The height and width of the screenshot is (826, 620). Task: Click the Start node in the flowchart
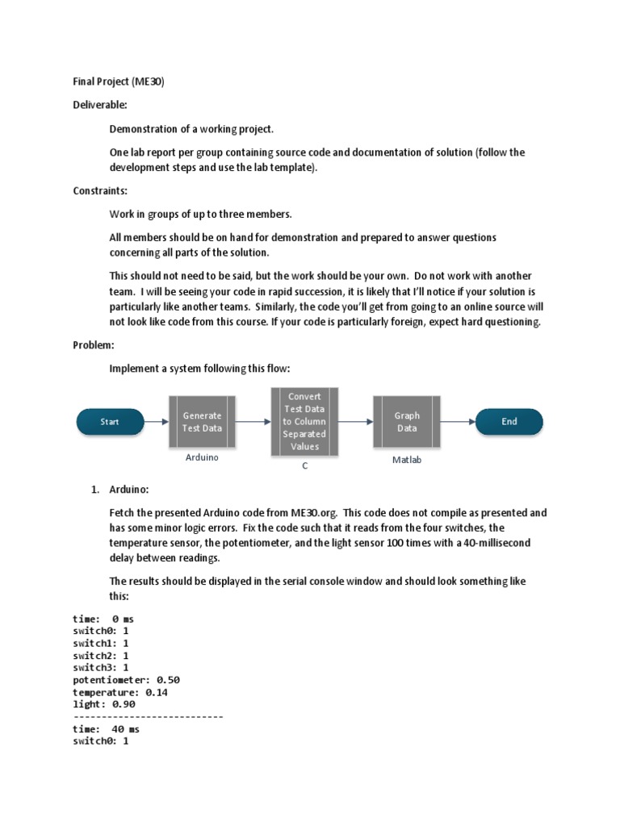(x=110, y=421)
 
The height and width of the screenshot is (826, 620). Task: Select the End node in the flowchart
(x=509, y=421)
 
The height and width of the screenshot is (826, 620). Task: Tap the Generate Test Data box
(x=202, y=421)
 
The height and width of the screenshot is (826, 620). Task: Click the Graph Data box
(x=407, y=421)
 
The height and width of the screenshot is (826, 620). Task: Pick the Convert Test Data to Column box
(x=304, y=421)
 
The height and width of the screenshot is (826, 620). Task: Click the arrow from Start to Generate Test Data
(x=156, y=421)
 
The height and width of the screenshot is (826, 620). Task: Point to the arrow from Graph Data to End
(x=459, y=421)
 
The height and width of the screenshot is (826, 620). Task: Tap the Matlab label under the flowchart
(x=407, y=460)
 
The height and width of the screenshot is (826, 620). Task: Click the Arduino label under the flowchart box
(x=201, y=457)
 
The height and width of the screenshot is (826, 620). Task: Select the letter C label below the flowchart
(x=304, y=465)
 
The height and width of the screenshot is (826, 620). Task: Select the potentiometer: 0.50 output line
(x=126, y=680)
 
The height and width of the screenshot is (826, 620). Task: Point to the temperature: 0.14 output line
(x=120, y=692)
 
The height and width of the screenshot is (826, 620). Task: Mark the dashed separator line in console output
(x=148, y=716)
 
